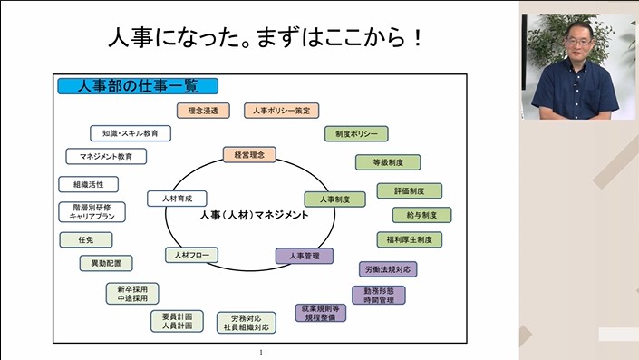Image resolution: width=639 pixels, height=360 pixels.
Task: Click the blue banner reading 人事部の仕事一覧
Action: (x=138, y=87)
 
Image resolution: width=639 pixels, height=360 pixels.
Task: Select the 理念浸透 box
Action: (x=203, y=111)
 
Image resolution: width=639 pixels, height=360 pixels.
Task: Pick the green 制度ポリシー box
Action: (x=355, y=134)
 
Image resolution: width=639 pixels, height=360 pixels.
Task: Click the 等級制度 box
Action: (x=387, y=162)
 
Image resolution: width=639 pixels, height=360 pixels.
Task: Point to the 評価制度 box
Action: (x=409, y=190)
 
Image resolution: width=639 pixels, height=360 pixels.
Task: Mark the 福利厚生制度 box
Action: (x=410, y=239)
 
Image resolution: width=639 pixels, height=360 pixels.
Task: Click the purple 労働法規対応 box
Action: (x=388, y=269)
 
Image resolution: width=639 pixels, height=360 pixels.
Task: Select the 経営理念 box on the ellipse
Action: (x=249, y=154)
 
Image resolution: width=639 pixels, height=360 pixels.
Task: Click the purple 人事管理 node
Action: (x=304, y=256)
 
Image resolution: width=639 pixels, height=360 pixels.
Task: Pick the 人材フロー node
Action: (x=191, y=255)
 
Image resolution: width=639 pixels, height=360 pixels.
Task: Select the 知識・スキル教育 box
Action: (x=131, y=133)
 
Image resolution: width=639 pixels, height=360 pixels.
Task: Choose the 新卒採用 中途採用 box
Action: (x=132, y=294)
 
